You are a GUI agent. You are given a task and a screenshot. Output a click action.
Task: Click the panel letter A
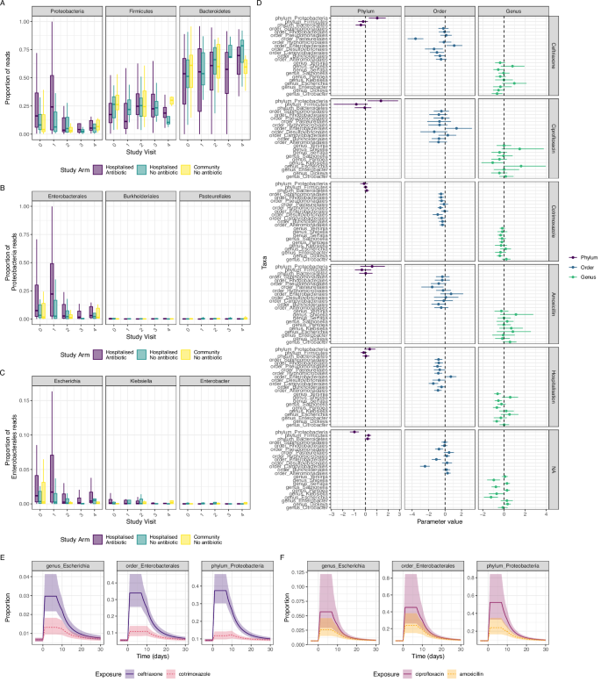pyautogui.click(x=4, y=5)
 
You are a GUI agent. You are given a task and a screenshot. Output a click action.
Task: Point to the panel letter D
pyautogui.click(x=306, y=5)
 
